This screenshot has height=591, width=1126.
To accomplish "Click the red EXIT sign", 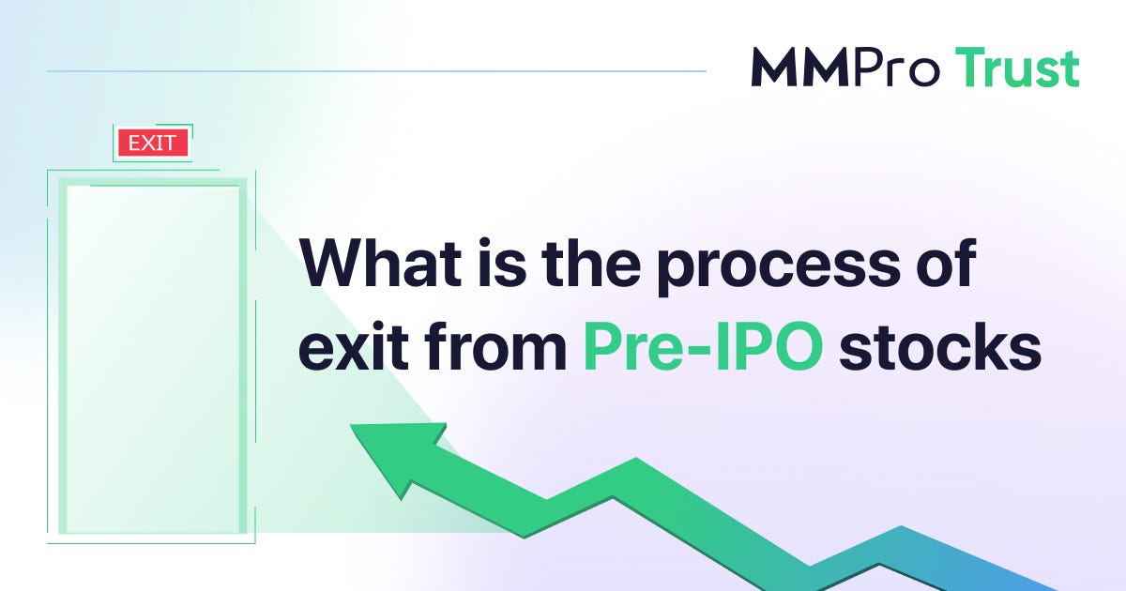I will (x=153, y=144).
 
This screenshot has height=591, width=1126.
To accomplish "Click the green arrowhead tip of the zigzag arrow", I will (x=361, y=433).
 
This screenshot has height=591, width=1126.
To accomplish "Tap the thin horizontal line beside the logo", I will (x=375, y=70).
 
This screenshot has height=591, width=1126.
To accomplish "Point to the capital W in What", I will (x=328, y=267).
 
